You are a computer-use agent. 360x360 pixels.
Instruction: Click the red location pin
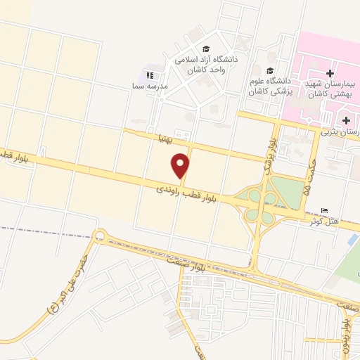pos(181,165)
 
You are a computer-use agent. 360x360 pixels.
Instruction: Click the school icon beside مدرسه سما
pos(149,75)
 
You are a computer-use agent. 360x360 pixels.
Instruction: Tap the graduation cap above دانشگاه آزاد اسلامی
pos(206,49)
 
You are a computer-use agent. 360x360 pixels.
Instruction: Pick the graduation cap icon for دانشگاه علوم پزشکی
pos(271,70)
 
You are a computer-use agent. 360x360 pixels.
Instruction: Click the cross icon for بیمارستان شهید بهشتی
pos(330,73)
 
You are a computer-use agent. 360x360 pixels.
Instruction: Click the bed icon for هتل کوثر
pos(323,211)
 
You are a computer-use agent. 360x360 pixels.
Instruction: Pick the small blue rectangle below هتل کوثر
pos(352,239)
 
